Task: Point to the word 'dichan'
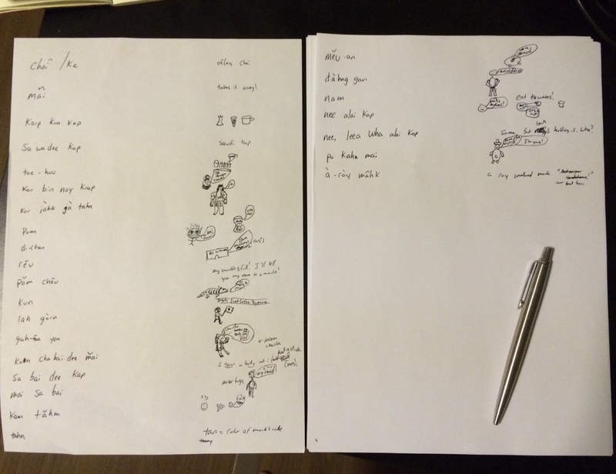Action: [34, 247]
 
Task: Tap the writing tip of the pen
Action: [496, 420]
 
